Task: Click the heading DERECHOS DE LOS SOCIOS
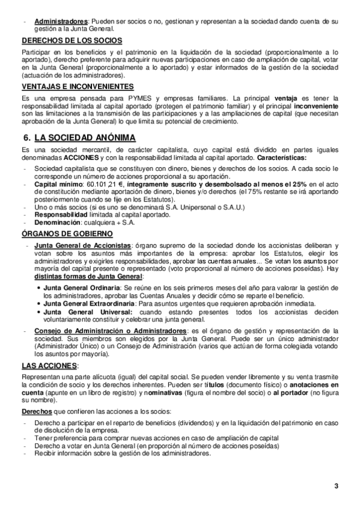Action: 72,41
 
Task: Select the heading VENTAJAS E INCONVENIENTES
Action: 78,87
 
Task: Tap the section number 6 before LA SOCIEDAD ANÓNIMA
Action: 25,138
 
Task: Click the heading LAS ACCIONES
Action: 49,366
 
